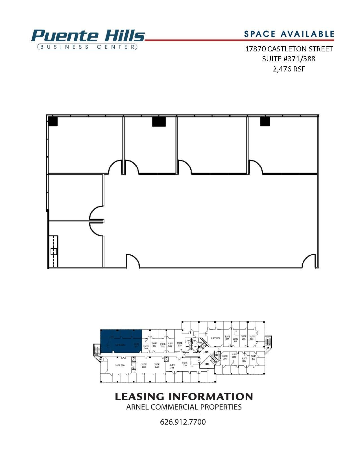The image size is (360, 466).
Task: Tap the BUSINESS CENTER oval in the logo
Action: click(x=87, y=47)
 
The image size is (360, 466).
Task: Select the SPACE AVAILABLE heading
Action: click(x=289, y=34)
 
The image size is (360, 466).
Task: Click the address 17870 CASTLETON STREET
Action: click(x=289, y=49)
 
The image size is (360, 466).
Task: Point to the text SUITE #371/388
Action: click(x=289, y=59)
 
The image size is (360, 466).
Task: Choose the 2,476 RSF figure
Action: click(x=289, y=69)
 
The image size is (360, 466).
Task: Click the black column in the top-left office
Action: click(x=53, y=121)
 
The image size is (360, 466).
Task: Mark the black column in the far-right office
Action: click(x=265, y=121)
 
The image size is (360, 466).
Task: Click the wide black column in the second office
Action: click(x=159, y=121)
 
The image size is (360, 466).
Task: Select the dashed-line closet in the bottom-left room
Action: click(x=54, y=251)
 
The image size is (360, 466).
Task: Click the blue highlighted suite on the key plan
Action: click(x=121, y=341)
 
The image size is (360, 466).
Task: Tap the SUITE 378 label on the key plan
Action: click(x=120, y=365)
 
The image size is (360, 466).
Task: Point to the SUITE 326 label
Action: click(x=215, y=338)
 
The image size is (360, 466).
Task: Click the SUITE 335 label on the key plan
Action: click(x=180, y=344)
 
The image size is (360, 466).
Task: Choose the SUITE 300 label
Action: click(x=253, y=358)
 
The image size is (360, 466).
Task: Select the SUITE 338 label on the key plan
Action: click(x=172, y=366)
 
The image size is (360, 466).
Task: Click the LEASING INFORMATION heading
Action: click(x=184, y=396)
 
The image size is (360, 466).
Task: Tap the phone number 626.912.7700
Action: click(x=183, y=422)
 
